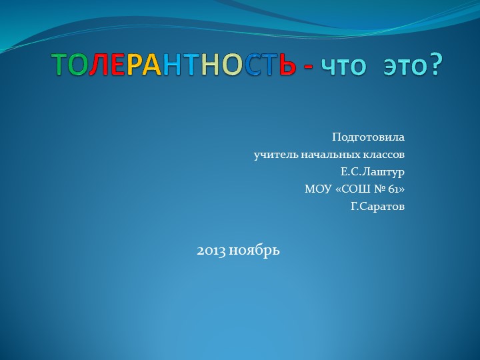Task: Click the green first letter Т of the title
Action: pyautogui.click(x=60, y=65)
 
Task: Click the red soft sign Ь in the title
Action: pyautogui.click(x=285, y=65)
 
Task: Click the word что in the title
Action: pyautogui.click(x=344, y=66)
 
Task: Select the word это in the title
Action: pyautogui.click(x=402, y=66)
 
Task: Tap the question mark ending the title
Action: pyautogui.click(x=435, y=65)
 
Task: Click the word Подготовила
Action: pyautogui.click(x=368, y=137)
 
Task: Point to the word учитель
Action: pyautogui.click(x=273, y=155)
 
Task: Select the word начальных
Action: pyautogui.click(x=326, y=155)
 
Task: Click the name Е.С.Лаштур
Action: pyautogui.click(x=372, y=172)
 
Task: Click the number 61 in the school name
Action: pyautogui.click(x=393, y=189)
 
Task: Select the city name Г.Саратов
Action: pyautogui.click(x=377, y=207)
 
